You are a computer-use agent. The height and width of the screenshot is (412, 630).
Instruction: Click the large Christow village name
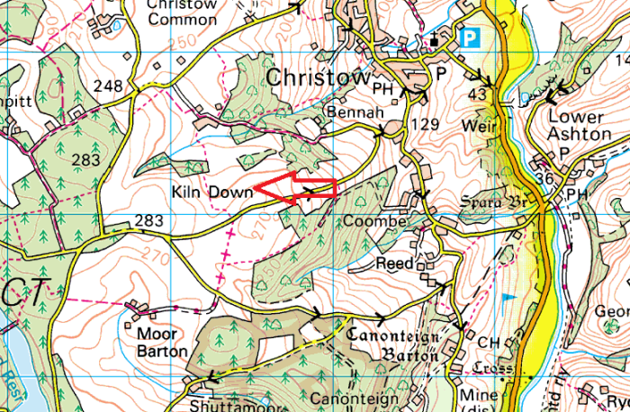click(x=318, y=78)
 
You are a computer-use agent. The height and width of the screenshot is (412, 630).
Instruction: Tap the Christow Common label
click(x=182, y=11)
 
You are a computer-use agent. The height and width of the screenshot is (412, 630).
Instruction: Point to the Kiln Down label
click(x=209, y=193)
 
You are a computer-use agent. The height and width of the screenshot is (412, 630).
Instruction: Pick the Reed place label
click(x=396, y=264)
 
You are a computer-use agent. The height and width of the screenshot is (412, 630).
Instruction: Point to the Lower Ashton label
click(x=577, y=126)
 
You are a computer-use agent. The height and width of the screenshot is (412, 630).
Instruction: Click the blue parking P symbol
click(x=468, y=39)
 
